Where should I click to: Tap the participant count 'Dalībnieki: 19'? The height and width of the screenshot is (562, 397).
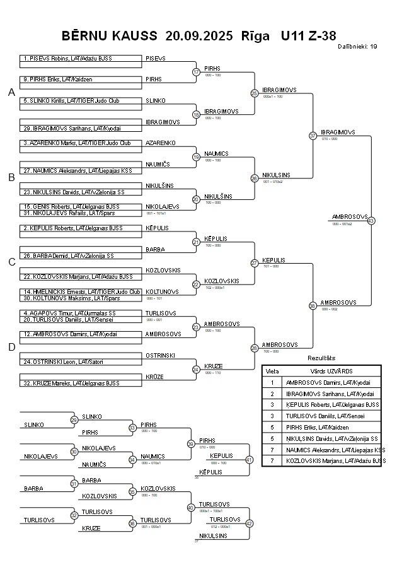click(357, 46)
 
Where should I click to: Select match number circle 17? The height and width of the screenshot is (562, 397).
click(196, 72)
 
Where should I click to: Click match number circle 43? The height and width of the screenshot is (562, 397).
click(371, 221)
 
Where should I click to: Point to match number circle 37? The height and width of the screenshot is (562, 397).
click(313, 136)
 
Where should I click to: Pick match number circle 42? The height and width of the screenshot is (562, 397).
click(249, 524)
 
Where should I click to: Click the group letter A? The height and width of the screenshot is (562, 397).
click(11, 93)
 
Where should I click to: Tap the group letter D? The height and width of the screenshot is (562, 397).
click(11, 346)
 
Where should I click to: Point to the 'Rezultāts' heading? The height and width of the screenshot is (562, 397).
click(321, 358)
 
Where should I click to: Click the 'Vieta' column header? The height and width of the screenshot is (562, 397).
click(272, 371)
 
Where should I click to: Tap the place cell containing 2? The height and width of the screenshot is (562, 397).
click(272, 393)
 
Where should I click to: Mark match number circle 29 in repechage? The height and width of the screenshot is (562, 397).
click(74, 420)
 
